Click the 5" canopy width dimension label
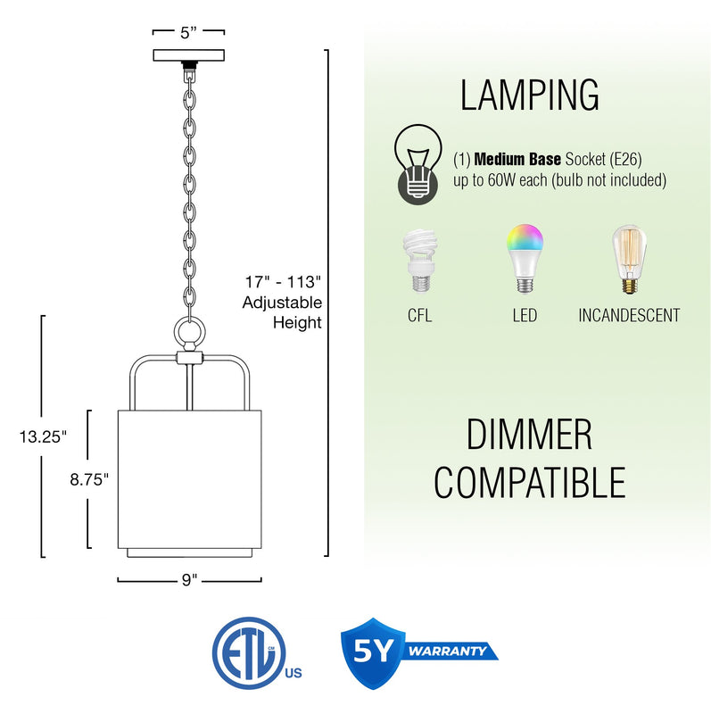[x=188, y=33]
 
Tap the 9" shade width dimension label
[x=189, y=579]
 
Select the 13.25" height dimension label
[x=43, y=437]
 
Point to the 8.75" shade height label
[x=89, y=479]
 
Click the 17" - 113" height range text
[x=283, y=282]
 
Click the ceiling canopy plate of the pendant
[x=188, y=55]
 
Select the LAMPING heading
[x=529, y=95]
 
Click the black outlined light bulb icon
[x=418, y=164]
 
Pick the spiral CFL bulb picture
[x=419, y=261]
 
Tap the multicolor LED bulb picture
[x=525, y=258]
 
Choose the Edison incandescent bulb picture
[x=629, y=259]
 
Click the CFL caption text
[x=419, y=315]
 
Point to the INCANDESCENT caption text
[x=629, y=315]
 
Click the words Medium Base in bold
[x=517, y=160]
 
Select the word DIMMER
[x=529, y=435]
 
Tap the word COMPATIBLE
[x=529, y=483]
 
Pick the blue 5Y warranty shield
[x=373, y=653]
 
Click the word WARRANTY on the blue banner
[x=447, y=651]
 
